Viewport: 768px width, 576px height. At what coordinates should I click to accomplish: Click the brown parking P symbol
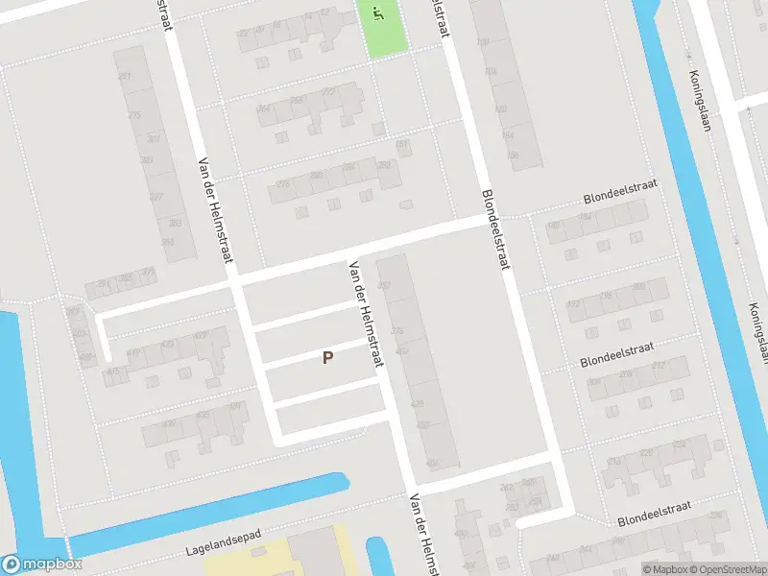(327, 358)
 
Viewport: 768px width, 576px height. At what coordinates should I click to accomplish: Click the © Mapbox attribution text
(665, 569)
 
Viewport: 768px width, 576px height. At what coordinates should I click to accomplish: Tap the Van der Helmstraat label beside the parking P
(368, 314)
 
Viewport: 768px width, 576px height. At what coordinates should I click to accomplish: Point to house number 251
(123, 76)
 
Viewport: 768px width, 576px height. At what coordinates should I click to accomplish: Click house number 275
(133, 115)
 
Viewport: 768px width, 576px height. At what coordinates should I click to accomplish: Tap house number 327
(156, 197)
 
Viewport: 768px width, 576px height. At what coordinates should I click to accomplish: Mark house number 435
(202, 415)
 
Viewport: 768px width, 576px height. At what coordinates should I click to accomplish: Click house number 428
(418, 404)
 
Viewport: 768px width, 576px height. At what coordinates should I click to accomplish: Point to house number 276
(397, 331)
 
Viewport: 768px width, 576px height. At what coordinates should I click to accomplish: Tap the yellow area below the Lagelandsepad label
(259, 562)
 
